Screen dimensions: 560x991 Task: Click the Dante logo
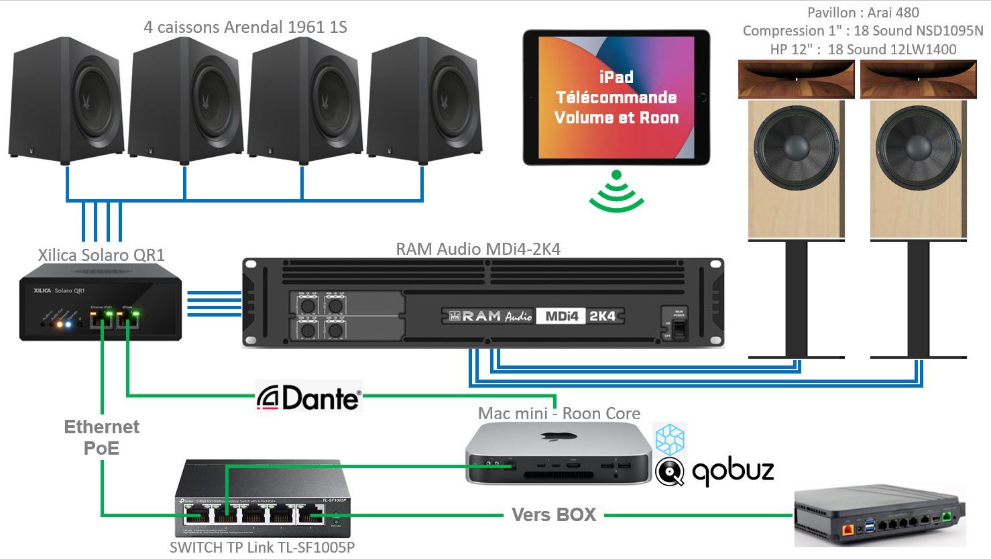click(x=309, y=396)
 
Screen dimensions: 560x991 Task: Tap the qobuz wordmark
click(x=732, y=470)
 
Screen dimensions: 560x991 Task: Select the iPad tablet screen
click(x=616, y=97)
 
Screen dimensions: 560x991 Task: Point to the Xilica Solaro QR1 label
click(x=101, y=255)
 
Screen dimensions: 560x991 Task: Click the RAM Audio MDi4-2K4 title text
click(x=478, y=249)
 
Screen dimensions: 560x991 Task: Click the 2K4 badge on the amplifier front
click(x=601, y=315)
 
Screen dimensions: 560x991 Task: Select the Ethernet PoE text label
click(x=102, y=437)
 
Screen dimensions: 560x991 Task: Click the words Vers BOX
click(x=554, y=515)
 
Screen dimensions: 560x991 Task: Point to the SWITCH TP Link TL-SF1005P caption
click(x=262, y=547)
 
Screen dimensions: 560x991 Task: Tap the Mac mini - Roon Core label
click(x=559, y=413)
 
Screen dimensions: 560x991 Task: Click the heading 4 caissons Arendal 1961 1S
click(x=245, y=27)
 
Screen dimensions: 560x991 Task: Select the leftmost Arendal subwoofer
click(x=67, y=104)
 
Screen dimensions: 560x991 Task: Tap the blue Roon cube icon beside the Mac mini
click(x=670, y=440)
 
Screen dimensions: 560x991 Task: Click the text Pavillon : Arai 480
click(x=863, y=13)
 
